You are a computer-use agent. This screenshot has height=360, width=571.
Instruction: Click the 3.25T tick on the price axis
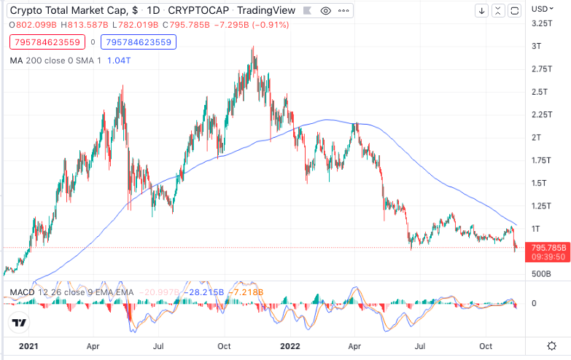point(541,23)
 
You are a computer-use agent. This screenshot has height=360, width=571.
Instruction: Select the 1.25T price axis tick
point(541,206)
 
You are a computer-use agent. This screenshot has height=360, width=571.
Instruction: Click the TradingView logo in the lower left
point(20,323)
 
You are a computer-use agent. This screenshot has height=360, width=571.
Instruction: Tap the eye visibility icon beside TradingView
point(325,11)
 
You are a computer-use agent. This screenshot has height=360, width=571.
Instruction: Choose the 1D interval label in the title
point(153,11)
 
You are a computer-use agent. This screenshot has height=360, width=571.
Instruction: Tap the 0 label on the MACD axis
point(533,303)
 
